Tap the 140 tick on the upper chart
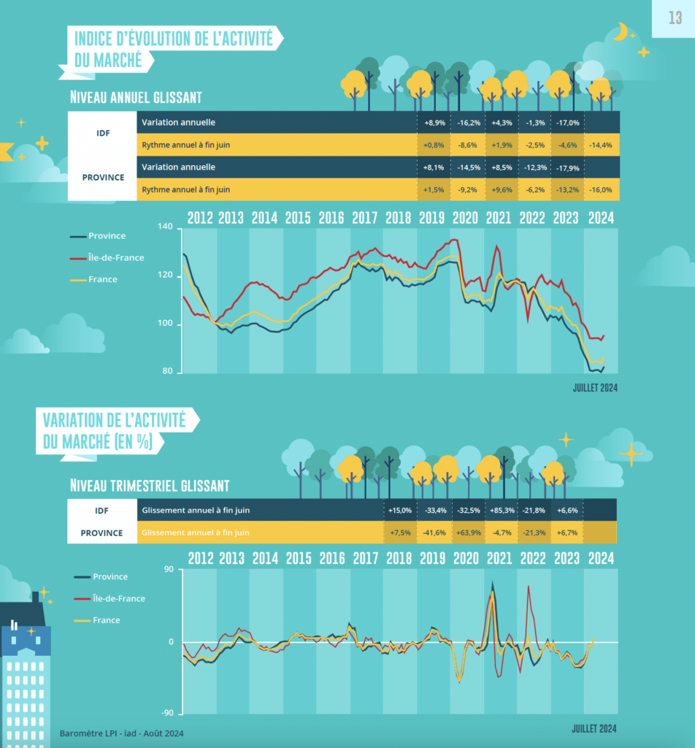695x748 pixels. (165, 228)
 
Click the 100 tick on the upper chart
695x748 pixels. (165, 324)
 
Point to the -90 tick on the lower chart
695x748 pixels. (167, 713)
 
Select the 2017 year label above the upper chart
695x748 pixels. (364, 218)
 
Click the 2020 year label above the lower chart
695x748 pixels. (465, 559)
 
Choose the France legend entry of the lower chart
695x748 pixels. (106, 620)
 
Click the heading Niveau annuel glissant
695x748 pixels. (136, 97)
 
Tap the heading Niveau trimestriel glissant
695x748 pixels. (150, 485)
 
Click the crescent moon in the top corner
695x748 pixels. (621, 31)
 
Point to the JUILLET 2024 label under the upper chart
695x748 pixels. (594, 388)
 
